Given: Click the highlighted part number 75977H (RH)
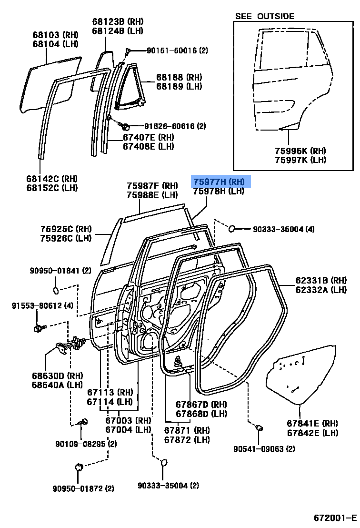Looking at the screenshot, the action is (x=219, y=182).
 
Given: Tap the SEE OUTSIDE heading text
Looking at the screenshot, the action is (x=264, y=16).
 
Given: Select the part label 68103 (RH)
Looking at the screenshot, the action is (x=56, y=35).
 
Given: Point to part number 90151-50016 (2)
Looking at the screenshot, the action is (x=177, y=51).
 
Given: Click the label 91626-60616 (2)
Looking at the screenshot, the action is (x=175, y=126).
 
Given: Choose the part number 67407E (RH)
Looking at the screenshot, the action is (x=149, y=137).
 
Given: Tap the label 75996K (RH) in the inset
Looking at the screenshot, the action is (x=300, y=151).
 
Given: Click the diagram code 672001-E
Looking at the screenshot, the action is (x=335, y=517).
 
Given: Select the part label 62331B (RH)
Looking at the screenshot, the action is (x=321, y=280).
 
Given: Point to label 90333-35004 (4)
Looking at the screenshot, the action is (x=284, y=229).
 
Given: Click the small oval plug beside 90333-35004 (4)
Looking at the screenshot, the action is (x=231, y=229).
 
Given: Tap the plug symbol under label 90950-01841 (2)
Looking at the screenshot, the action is (x=56, y=290).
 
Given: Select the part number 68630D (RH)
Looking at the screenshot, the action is (x=57, y=376).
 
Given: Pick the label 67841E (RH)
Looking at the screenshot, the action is (x=312, y=423).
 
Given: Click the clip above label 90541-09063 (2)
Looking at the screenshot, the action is (x=260, y=428).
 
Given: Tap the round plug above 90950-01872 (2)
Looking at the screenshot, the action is (x=79, y=467).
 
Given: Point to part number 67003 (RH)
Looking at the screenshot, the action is (x=128, y=420).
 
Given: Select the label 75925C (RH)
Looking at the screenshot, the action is (x=66, y=229).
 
